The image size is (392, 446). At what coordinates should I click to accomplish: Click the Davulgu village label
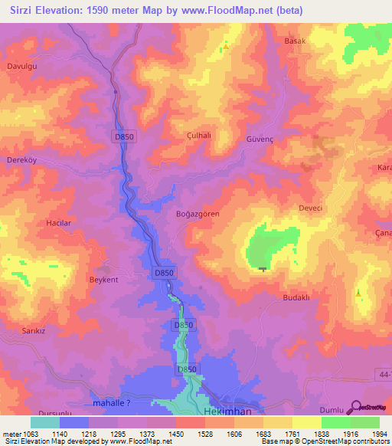(x=22, y=67)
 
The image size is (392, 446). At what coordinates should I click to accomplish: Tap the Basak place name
(x=295, y=41)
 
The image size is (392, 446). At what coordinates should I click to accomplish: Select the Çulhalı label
(x=200, y=134)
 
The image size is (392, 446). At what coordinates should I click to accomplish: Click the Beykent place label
(x=104, y=280)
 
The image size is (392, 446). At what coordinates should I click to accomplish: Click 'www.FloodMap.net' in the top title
(x=230, y=11)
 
